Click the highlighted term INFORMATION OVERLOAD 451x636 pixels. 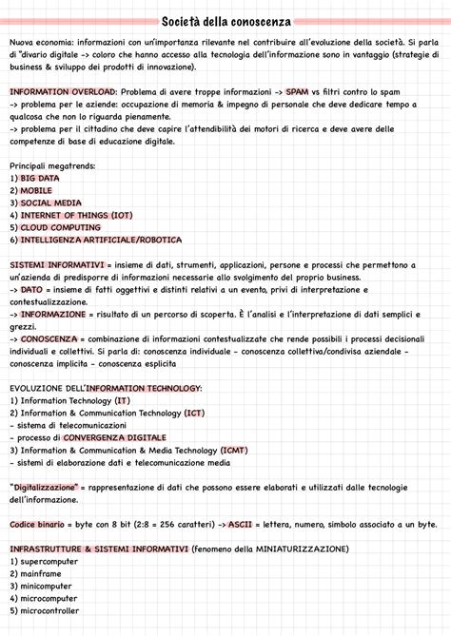[x=63, y=91]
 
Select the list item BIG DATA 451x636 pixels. [x=40, y=178]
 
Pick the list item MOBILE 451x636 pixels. [x=36, y=190]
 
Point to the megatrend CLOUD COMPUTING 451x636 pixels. [x=60, y=227]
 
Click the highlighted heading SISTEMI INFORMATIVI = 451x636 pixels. [x=57, y=264]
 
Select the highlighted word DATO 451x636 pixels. [x=31, y=289]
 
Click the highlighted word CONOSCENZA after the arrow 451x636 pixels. [x=49, y=338]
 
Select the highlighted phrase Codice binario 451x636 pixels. [x=37, y=524]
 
